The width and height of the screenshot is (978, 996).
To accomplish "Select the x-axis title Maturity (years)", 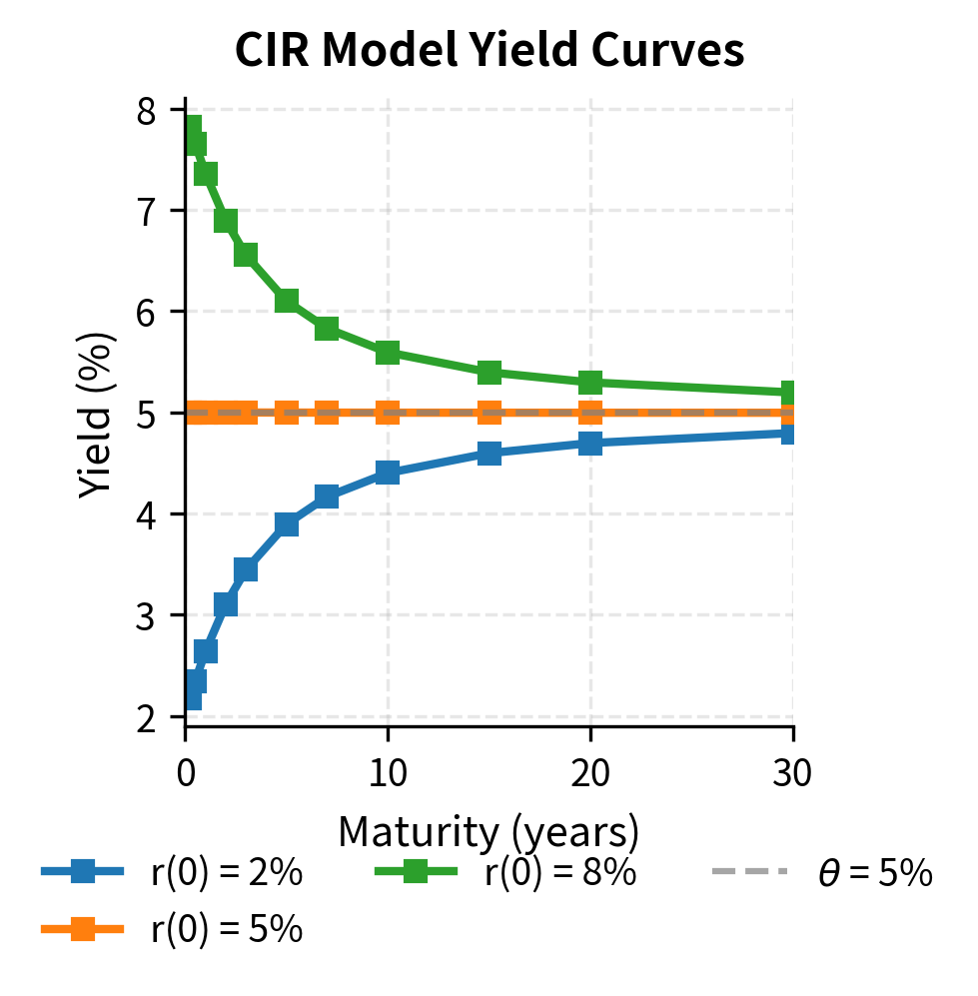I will tap(489, 831).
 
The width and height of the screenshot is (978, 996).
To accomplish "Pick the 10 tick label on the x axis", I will tap(388, 771).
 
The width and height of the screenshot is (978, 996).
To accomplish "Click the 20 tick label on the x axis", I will tap(590, 771).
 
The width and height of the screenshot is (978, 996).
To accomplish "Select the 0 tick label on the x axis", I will tap(186, 771).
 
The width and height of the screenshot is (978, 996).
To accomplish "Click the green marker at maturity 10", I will tap(388, 353).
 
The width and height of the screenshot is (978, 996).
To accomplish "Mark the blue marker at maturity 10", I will tap(388, 473).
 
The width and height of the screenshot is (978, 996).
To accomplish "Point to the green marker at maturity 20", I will tap(590, 383).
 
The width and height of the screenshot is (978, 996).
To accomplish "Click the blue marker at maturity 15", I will tap(489, 454).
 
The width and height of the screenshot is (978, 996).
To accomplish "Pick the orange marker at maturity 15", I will tap(489, 413).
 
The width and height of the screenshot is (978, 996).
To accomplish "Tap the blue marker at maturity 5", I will tap(287, 524).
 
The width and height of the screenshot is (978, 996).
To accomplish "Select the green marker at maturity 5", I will tap(287, 301).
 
